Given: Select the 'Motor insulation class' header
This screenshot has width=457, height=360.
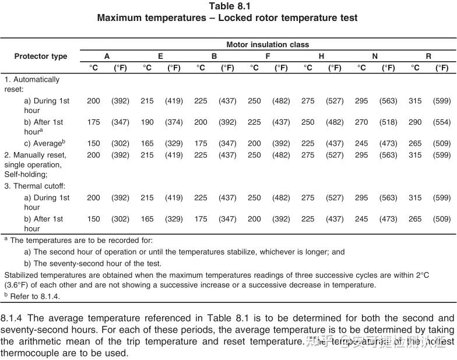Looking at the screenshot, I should (x=268, y=44).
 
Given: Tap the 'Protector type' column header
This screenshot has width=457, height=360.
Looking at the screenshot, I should (x=41, y=57).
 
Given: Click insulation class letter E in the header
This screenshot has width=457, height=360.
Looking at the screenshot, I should (x=160, y=57).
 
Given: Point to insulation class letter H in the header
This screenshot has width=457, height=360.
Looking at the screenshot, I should (x=321, y=57).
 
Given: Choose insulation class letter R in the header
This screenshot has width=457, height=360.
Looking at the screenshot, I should (x=428, y=57).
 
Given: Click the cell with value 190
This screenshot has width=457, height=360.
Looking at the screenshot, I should (x=147, y=122).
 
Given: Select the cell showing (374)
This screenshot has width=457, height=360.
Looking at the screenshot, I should (x=174, y=122).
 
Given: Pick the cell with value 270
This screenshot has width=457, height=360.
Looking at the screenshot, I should (x=361, y=122).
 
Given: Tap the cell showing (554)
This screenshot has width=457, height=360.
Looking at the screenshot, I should (x=442, y=122).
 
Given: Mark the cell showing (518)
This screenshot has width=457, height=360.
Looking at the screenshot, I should (x=388, y=122).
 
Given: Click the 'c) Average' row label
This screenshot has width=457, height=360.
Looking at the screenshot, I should (x=44, y=143).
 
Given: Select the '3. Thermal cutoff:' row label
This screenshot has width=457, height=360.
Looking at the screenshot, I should (x=35, y=186).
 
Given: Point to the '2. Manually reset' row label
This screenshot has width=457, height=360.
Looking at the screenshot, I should (x=36, y=156).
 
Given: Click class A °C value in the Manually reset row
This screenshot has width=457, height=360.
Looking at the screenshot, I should (x=93, y=156).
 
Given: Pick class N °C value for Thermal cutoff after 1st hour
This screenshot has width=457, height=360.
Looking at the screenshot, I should (x=361, y=219).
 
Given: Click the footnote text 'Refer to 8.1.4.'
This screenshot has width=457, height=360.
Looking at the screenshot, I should (x=35, y=296).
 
